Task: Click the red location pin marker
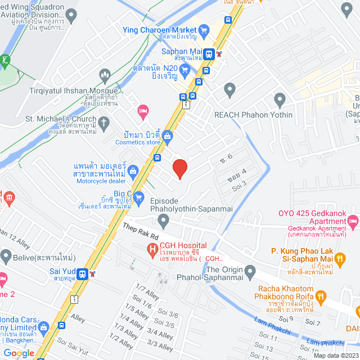[179, 168]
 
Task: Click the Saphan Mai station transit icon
[209, 54]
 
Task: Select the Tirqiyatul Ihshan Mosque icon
[105, 74]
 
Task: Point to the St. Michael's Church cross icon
[103, 122]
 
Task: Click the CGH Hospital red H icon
[151, 249]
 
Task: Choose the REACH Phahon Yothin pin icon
[280, 101]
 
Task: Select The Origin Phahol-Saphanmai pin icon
[249, 273]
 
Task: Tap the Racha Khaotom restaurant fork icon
[321, 296]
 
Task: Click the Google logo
[18, 353]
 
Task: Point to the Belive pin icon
[6, 258]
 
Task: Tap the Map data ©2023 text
[335, 355]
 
